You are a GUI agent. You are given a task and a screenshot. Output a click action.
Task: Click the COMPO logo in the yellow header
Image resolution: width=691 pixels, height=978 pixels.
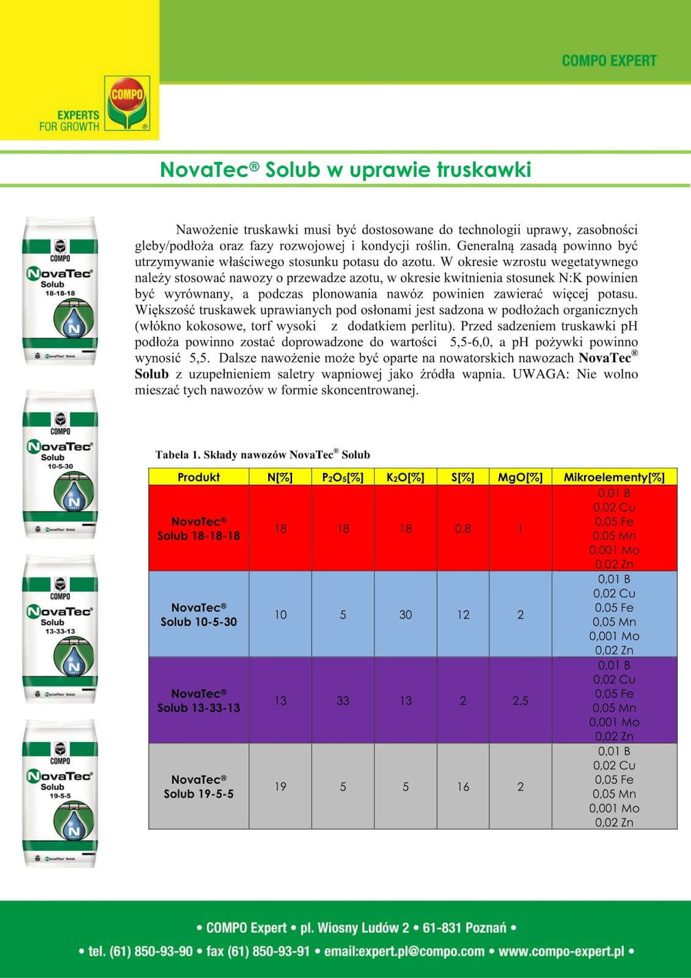click(127, 102)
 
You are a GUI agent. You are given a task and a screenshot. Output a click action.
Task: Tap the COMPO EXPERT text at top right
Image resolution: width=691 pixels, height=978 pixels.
click(609, 61)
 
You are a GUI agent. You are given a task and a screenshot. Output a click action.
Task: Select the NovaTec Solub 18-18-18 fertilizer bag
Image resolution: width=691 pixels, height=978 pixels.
click(60, 291)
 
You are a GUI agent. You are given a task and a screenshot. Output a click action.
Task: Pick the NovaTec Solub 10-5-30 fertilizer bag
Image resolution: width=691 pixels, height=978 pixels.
click(60, 465)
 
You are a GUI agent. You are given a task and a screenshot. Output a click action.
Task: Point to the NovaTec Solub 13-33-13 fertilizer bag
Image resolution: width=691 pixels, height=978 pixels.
click(60, 630)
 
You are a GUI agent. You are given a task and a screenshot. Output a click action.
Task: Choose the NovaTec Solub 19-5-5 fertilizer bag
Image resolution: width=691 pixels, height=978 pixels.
click(60, 793)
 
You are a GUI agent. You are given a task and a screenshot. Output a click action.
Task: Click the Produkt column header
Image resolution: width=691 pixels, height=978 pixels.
click(199, 477)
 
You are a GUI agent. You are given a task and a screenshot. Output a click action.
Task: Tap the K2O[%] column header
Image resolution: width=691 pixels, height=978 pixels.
click(405, 477)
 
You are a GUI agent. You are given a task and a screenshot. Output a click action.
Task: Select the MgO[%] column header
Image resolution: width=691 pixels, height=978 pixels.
click(520, 477)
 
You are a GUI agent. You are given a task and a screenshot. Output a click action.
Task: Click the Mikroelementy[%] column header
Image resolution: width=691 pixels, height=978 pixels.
click(614, 477)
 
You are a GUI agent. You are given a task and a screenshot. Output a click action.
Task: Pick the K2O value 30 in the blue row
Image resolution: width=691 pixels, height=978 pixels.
click(406, 615)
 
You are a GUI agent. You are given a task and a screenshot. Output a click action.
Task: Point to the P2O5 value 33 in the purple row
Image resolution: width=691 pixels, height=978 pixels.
click(343, 701)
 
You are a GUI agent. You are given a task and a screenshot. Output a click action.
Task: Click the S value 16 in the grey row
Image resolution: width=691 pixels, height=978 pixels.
click(463, 787)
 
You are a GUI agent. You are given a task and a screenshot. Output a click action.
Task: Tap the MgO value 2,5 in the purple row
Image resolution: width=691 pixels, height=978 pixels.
click(520, 701)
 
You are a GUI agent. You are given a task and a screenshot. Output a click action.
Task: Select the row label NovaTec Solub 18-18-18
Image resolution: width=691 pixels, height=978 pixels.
click(199, 529)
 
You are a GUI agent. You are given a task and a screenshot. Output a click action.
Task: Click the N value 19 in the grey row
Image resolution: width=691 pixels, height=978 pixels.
click(280, 787)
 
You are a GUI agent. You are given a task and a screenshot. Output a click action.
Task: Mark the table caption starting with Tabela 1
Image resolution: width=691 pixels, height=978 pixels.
click(263, 455)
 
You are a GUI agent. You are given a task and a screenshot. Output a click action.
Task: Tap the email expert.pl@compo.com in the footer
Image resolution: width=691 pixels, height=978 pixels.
click(404, 951)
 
